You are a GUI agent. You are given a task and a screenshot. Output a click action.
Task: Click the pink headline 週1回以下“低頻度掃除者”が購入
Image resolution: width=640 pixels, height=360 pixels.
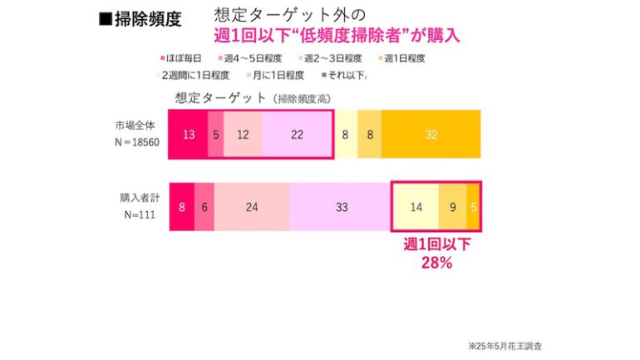pyautogui.click(x=336, y=36)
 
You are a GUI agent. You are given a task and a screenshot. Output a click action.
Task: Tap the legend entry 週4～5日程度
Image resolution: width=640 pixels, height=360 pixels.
pyautogui.click(x=250, y=58)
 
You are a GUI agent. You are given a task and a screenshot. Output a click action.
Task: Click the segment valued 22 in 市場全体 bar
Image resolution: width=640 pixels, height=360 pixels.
pyautogui.click(x=297, y=133)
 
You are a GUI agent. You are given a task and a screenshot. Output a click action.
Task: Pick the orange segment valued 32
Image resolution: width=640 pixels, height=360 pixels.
pyautogui.click(x=431, y=133)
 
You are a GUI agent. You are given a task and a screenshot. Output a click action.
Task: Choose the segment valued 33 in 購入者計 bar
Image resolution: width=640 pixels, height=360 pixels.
pyautogui.click(x=340, y=207)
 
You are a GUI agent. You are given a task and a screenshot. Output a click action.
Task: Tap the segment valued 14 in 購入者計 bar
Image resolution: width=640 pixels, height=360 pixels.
pyautogui.click(x=416, y=207)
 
